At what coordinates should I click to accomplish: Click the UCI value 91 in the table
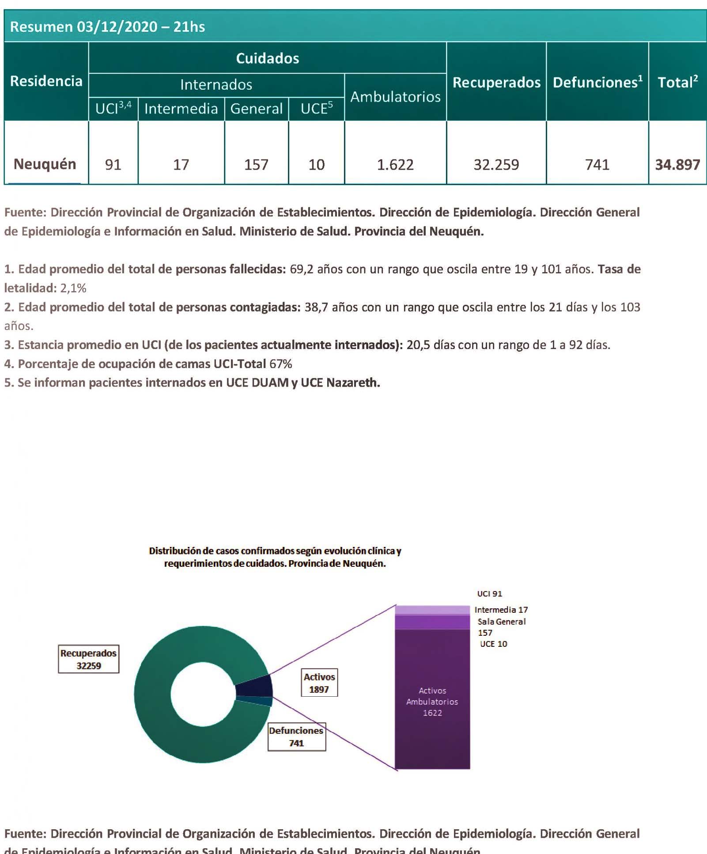click(x=113, y=165)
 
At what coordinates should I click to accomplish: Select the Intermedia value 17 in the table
click(x=181, y=165)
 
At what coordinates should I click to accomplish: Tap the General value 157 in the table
click(x=256, y=165)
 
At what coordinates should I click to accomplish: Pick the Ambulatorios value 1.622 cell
click(x=395, y=165)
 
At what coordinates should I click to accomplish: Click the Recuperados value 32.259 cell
click(x=496, y=165)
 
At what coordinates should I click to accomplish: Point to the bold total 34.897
click(x=677, y=165)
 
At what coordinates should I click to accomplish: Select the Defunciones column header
click(x=597, y=82)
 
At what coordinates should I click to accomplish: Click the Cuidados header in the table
click(x=267, y=58)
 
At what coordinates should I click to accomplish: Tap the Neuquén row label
click(x=45, y=164)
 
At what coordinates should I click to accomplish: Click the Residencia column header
click(x=46, y=81)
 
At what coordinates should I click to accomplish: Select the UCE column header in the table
click(x=316, y=109)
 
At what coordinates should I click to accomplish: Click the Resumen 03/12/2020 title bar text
click(x=107, y=27)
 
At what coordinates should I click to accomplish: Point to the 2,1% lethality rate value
click(x=73, y=288)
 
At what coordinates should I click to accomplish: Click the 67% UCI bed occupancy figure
click(x=281, y=364)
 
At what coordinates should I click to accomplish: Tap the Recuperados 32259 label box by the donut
click(x=89, y=659)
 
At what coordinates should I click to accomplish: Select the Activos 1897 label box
click(x=319, y=683)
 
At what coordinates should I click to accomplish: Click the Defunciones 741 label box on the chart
click(x=296, y=737)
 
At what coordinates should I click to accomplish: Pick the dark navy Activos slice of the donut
click(x=254, y=686)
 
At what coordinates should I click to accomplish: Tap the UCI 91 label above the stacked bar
click(x=489, y=594)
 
